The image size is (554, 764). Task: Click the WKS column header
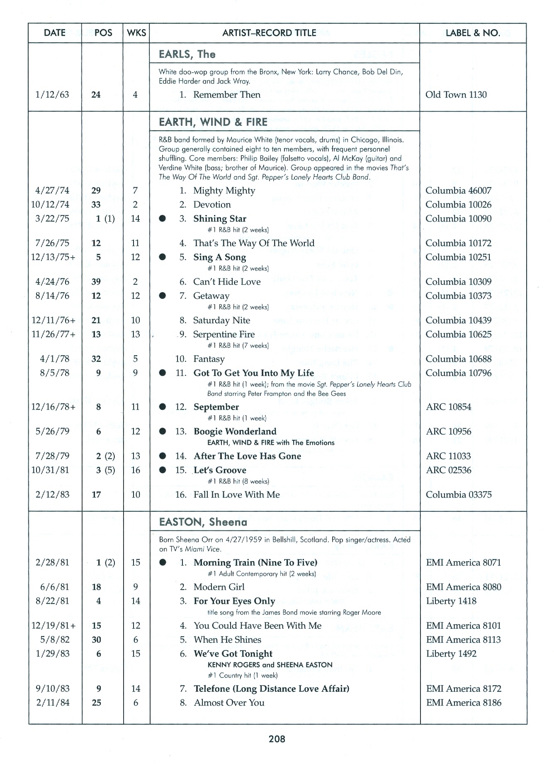pos(136,33)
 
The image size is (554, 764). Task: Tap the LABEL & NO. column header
pos(473,33)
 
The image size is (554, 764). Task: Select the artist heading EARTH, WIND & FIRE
pos(213,122)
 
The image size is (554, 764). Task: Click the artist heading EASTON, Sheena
pos(203,522)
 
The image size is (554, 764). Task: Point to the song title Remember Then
pos(226,95)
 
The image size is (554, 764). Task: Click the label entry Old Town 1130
pos(456,95)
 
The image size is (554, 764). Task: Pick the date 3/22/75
pos(52,219)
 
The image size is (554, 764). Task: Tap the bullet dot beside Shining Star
pos(163,219)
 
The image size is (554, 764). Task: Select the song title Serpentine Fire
pos(224,334)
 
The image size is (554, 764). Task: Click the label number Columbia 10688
pos(458,359)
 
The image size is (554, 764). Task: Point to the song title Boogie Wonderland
pos(235,432)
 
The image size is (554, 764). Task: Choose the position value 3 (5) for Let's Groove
pos(105,470)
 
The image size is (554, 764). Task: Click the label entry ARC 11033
pos(448,456)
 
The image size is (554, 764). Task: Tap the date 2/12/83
pos(52,495)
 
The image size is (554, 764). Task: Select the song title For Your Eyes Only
pos(234,601)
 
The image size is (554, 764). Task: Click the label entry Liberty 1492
pos(451,654)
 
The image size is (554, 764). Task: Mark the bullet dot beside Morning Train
pos(163,563)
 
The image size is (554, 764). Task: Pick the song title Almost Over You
pos(229,703)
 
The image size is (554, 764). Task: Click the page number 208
pos(277,739)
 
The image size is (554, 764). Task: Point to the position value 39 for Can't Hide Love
pos(96,282)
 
